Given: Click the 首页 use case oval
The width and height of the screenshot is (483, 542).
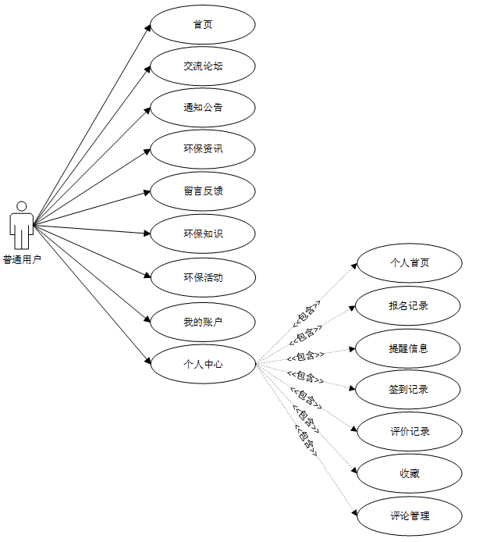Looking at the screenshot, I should coord(203,24).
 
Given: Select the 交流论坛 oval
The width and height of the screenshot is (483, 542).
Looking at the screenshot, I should coord(203,66).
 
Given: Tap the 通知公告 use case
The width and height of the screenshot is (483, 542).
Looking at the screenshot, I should coord(203,108).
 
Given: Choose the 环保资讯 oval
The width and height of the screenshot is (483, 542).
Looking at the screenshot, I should coord(203,149).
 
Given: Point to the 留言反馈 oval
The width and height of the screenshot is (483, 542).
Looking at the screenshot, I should coord(203,191).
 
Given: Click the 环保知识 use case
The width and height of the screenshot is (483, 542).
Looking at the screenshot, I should coord(203,234).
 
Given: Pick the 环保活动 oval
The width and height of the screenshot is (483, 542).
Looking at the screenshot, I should coord(203,277).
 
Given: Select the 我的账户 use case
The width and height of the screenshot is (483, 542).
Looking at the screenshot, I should coord(203,321).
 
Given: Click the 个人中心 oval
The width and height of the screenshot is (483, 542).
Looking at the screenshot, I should coord(203,363).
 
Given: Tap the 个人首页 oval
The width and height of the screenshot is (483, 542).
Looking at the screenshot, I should coord(410,262).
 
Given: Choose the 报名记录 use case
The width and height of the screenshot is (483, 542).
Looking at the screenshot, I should coord(410,305).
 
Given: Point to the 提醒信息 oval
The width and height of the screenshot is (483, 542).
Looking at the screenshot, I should coord(410,348).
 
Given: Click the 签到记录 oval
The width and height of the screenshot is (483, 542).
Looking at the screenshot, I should coord(410,389).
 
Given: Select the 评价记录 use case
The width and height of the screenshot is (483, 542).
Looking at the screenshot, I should coord(410,431).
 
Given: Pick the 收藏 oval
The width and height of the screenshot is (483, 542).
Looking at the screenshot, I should coord(410,473).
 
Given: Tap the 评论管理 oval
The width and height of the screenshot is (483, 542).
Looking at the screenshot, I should coord(410,515).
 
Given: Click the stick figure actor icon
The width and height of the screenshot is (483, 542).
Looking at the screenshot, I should coord(22,225).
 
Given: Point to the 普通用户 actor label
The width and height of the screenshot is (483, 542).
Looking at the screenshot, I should coord(22,260).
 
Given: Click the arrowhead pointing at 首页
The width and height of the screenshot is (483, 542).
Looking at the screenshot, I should coord(147,28).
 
